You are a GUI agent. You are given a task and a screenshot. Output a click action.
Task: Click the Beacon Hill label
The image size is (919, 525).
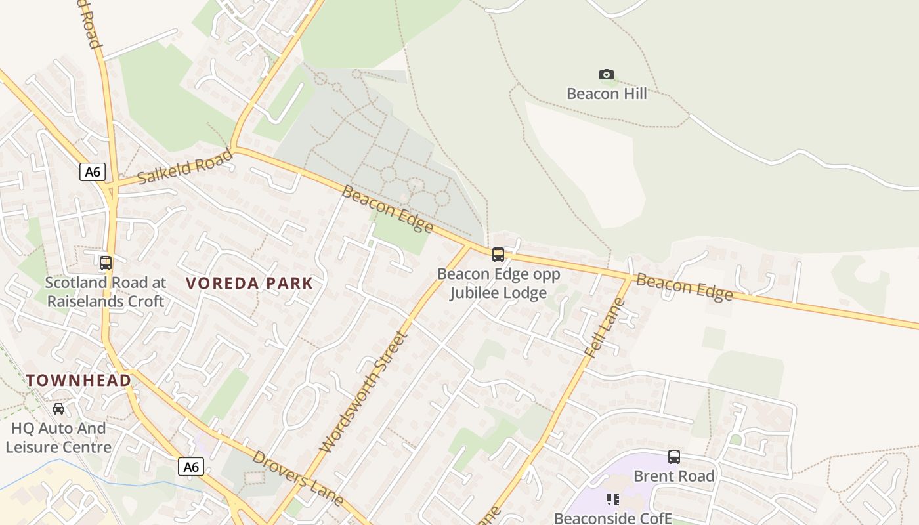coord(607,93)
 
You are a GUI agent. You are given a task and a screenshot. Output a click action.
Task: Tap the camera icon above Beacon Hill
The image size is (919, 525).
coord(607,74)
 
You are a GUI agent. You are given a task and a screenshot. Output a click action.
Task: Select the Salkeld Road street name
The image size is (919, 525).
coord(186,167)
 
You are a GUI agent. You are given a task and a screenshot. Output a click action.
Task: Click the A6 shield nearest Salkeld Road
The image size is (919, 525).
coord(93,172)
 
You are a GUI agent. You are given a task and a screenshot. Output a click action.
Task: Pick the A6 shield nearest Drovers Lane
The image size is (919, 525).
coord(190,467)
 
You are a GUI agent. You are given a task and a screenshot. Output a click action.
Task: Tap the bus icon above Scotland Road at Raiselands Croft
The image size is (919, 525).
coord(106,263)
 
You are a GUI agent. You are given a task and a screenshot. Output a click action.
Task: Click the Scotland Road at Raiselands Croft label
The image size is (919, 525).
coord(106,292)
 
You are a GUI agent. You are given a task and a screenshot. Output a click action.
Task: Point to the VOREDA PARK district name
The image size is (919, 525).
coord(249,283)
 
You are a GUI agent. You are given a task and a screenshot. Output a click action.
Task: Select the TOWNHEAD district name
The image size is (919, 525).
coord(79,380)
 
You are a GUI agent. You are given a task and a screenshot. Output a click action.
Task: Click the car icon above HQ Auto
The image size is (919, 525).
coord(58,409)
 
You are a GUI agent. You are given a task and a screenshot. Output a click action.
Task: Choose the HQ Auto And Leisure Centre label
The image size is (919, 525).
coord(58,438)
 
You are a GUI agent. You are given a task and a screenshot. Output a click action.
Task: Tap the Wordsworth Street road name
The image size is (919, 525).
coord(363,392)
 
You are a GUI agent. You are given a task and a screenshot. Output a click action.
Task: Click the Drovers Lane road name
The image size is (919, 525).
coord(297,478)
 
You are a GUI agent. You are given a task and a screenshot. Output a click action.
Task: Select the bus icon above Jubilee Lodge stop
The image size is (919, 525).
coord(498,254)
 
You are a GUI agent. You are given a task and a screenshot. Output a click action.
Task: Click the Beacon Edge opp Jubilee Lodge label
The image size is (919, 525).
coord(498,283)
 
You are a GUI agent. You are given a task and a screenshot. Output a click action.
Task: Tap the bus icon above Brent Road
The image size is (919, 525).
coord(674,457)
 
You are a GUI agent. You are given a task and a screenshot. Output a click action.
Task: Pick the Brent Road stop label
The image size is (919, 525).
coord(674,476)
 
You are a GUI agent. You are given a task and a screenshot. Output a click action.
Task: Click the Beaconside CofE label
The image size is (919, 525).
coord(613,518)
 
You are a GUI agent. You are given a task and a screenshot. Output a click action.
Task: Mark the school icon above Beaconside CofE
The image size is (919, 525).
coord(613,499)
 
